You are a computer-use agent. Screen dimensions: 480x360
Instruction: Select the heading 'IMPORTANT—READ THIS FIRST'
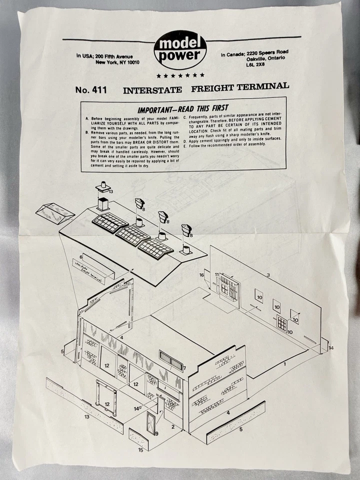tap(183, 108)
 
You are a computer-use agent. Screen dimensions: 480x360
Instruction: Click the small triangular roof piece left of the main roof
tap(54, 212)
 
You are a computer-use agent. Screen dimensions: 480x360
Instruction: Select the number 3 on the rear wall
tap(268, 275)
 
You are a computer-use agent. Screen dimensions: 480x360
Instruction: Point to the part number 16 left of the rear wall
tap(201, 275)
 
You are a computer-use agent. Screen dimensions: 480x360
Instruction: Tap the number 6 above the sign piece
tap(81, 256)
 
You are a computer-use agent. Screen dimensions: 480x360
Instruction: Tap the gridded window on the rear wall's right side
tap(282, 323)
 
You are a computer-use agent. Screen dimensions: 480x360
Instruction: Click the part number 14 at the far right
tap(331, 347)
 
